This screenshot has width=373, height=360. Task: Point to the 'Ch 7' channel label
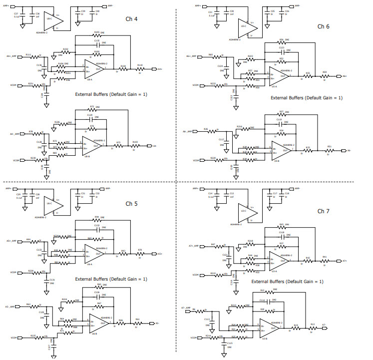point(324,211)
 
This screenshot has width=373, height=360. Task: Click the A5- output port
point(157,324)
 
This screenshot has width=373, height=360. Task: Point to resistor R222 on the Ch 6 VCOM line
point(219,86)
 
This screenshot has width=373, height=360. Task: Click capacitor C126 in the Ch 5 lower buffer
point(97,295)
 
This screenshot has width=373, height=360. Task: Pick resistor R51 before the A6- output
point(329,150)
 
